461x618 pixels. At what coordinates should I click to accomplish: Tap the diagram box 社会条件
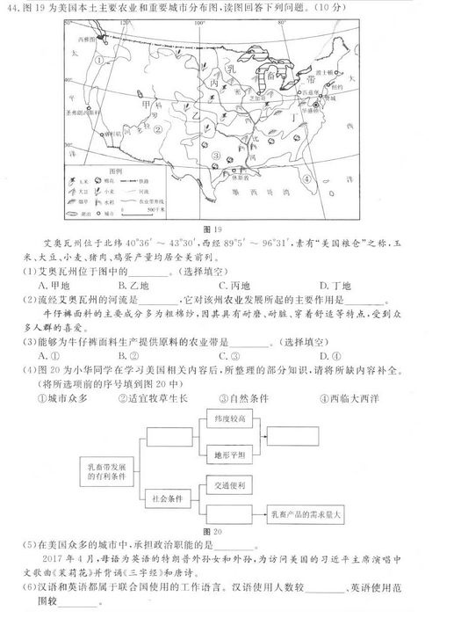(x=169, y=497)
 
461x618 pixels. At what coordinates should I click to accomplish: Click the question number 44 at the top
(x=14, y=9)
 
